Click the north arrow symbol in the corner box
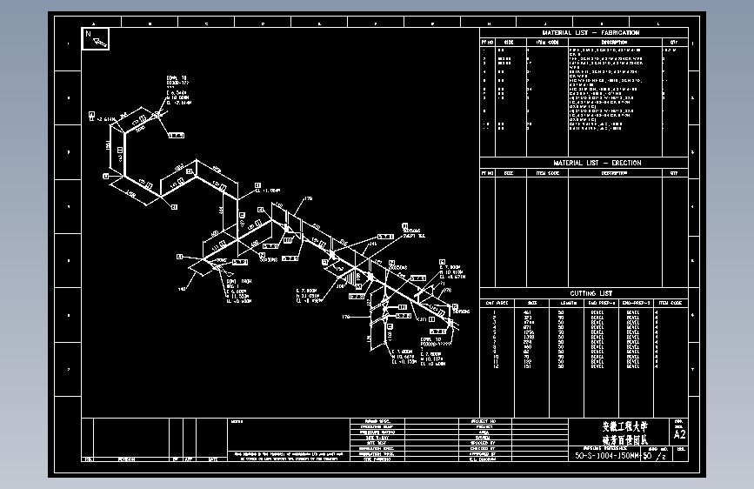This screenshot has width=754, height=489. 96,39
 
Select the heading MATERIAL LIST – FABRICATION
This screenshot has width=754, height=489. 584,32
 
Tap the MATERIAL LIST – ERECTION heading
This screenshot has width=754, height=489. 584,163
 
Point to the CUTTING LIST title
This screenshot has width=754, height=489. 584,293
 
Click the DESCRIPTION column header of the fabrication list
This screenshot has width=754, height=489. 614,41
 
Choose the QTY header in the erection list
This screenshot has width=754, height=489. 673,173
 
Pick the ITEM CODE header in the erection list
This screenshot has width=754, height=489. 546,173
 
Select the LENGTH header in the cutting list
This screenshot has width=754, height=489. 568,303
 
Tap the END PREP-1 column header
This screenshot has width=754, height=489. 601,303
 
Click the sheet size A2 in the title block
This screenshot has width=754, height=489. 679,433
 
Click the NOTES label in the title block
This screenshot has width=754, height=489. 237,422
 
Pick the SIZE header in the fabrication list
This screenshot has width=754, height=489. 509,41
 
